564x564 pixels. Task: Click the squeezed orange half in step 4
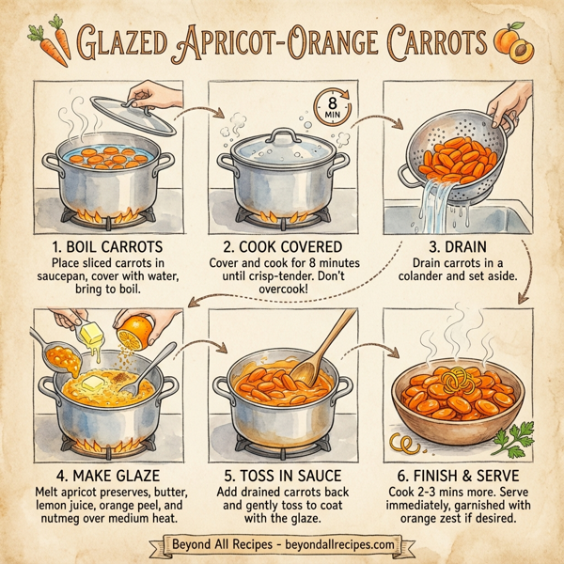tap(138, 331)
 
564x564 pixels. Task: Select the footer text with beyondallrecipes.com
tap(282, 544)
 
